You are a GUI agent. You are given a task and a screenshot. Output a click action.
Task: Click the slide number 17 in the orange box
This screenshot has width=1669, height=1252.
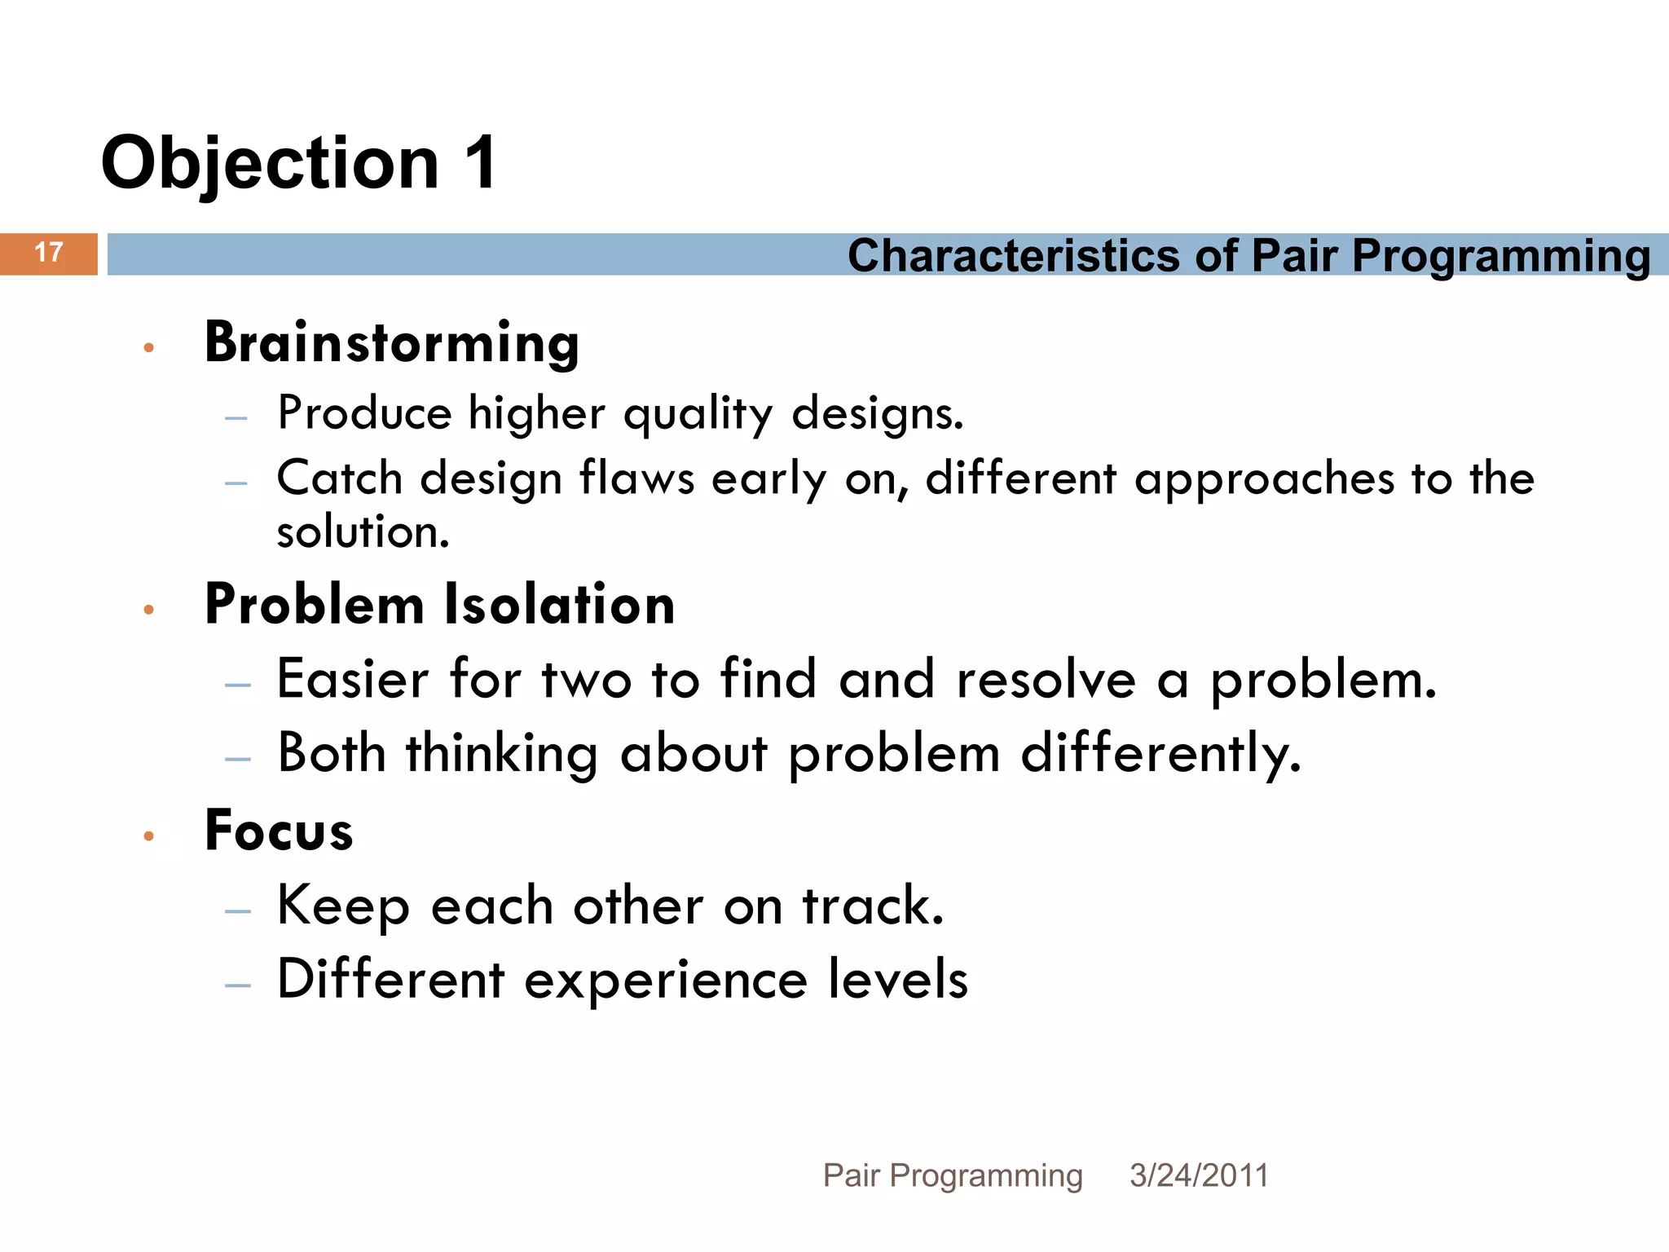coord(49,253)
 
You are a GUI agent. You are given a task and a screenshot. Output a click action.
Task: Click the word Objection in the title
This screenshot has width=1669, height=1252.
coord(270,163)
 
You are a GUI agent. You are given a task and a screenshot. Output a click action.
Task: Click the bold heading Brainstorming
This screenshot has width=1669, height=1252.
coord(391,342)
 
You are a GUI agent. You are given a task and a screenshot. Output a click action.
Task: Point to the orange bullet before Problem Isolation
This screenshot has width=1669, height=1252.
coord(148,610)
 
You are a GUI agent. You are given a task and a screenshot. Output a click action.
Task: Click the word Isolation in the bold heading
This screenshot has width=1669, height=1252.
coord(559,605)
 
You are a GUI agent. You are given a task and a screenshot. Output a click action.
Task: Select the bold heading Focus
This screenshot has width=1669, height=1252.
coord(279,831)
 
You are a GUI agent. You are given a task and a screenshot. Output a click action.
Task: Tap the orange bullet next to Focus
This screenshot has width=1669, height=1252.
coord(148,835)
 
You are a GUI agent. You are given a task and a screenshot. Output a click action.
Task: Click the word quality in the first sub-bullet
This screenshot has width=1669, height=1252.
coord(698,414)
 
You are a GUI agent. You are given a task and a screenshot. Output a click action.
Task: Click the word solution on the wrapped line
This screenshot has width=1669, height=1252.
coord(363,532)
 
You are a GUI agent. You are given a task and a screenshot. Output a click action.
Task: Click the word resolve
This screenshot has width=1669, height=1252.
coord(1046,680)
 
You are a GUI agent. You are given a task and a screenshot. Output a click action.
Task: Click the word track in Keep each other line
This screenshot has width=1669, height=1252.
coord(872,906)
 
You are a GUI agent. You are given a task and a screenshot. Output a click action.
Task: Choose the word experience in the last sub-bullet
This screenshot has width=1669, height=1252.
coord(665,979)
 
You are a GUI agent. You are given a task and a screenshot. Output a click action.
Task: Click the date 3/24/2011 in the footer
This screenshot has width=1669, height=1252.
coord(1199,1175)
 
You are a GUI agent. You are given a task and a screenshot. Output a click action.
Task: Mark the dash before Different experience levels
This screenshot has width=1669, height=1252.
coord(238,985)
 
